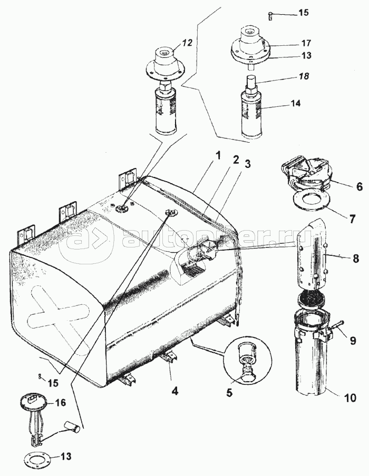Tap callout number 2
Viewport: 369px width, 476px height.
(x=236, y=161)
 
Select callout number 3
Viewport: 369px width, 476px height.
(x=248, y=164)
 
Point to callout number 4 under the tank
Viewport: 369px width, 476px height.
(x=174, y=391)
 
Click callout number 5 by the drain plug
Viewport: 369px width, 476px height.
(x=229, y=392)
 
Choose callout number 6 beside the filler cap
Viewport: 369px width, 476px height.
(x=360, y=187)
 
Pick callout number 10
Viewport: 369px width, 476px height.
(x=349, y=398)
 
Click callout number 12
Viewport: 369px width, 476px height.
(x=188, y=43)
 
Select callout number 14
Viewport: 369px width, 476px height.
(x=295, y=104)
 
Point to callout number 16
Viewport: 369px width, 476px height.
(x=61, y=403)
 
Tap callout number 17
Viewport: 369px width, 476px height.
(x=306, y=43)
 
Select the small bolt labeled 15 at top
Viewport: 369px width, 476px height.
(x=270, y=16)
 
